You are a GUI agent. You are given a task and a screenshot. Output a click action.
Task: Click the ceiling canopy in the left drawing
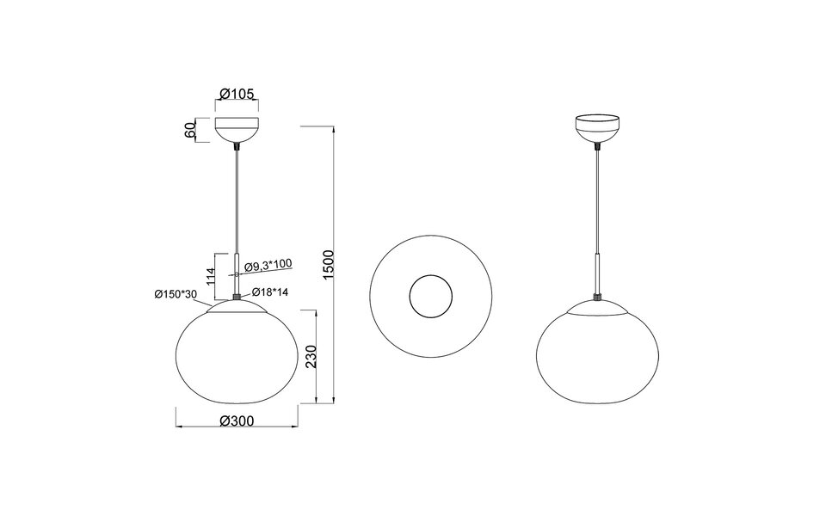[x=236, y=132]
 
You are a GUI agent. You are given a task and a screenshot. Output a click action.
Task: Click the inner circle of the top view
[x=429, y=298]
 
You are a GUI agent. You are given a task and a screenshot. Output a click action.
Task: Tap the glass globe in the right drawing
[x=596, y=353]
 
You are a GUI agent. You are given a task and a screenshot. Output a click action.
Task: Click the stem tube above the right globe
[x=596, y=273]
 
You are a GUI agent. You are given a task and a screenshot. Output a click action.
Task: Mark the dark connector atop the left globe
[x=236, y=298]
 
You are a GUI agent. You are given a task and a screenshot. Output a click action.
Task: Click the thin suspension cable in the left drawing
[x=236, y=198]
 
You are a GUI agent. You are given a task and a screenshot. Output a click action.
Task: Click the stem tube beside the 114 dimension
[x=236, y=273]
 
